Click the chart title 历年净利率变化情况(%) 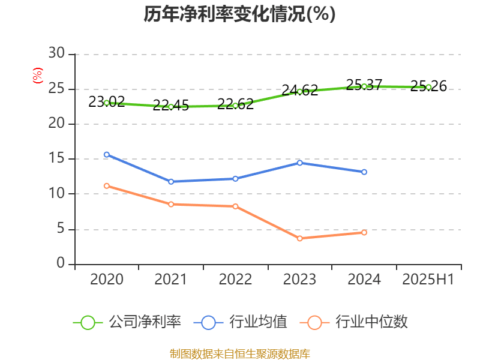[239, 14]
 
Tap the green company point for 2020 [107, 103]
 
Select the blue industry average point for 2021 [171, 181]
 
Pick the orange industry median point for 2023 [299, 238]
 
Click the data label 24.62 [300, 91]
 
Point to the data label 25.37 [364, 85]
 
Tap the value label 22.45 [171, 106]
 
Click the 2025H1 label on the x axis [428, 280]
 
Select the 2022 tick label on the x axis [235, 280]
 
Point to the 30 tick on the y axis [57, 54]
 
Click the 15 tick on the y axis [57, 159]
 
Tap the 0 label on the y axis [61, 264]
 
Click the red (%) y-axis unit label [37, 76]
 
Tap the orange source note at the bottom [239, 353]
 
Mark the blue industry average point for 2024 [364, 172]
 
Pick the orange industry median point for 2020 [107, 186]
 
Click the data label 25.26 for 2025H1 [428, 86]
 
